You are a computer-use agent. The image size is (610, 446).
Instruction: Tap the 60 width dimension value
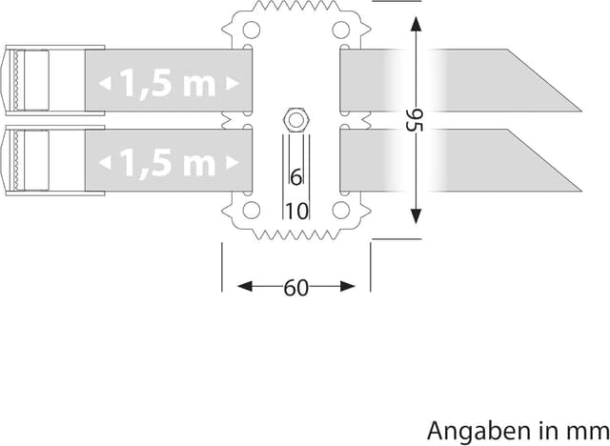click(296, 287)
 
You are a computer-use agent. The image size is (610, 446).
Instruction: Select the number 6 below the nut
click(295, 177)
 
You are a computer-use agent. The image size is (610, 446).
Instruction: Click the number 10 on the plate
click(296, 211)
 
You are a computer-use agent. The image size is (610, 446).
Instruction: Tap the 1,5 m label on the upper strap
click(168, 85)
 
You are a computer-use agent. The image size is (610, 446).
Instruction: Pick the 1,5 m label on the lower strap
click(168, 163)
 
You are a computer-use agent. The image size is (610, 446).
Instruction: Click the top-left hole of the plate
click(250, 31)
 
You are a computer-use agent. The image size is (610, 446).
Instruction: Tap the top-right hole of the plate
click(340, 31)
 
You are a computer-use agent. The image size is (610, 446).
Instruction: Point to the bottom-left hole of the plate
click(250, 210)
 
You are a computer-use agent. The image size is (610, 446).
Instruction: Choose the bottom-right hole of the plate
click(340, 210)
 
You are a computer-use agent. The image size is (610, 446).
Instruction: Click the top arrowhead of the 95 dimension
click(415, 21)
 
